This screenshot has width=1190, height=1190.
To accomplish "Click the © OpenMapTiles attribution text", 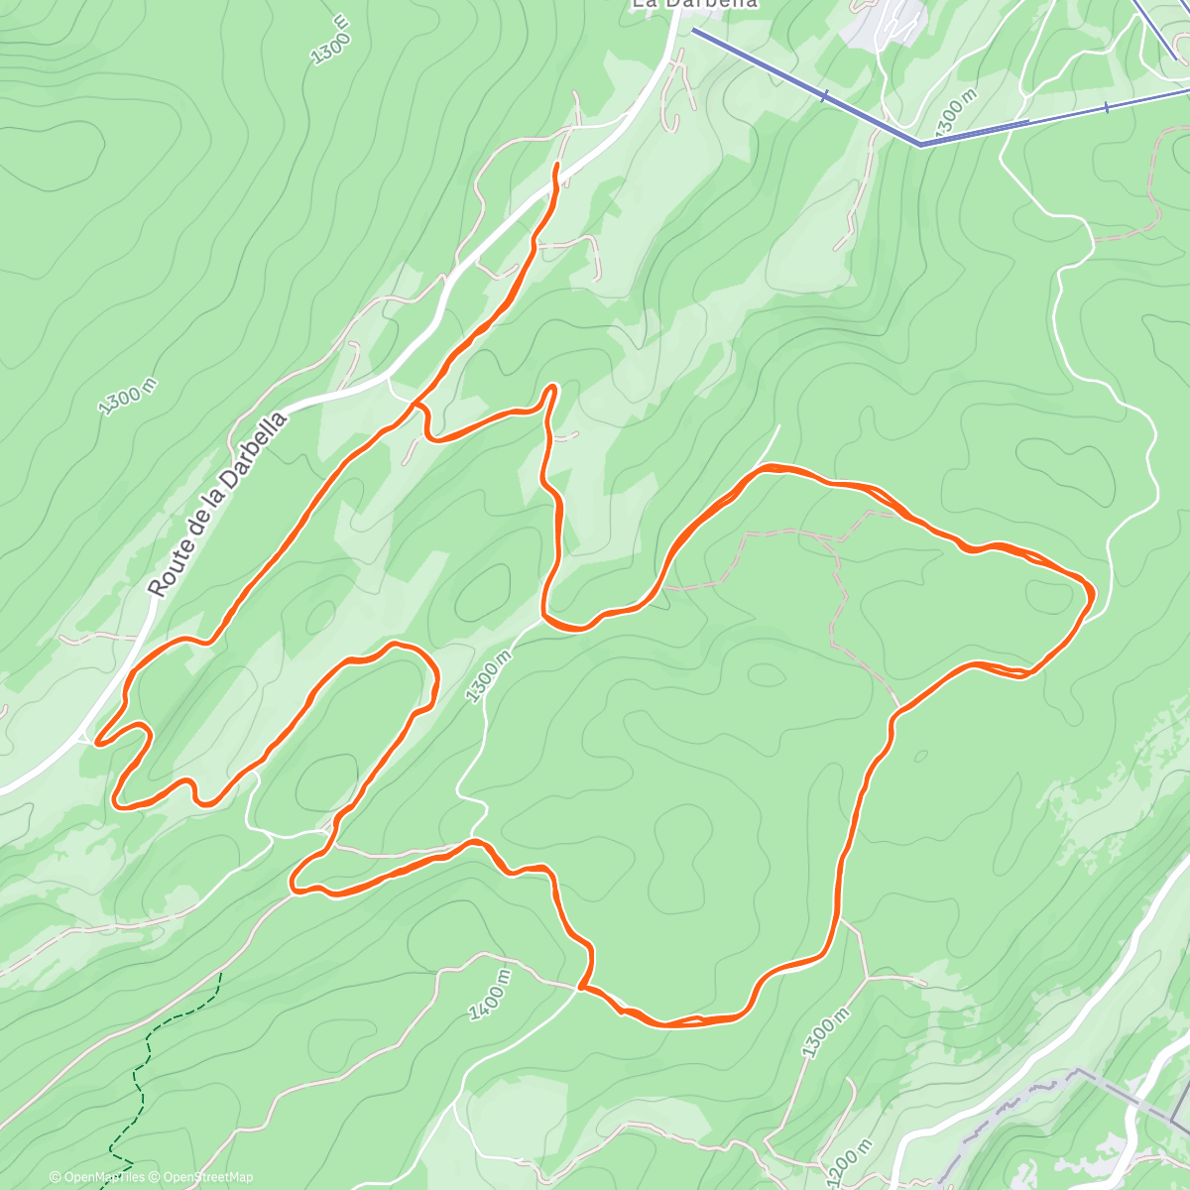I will pyautogui.click(x=97, y=1177).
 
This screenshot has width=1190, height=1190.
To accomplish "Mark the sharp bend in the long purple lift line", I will pyautogui.click(x=921, y=145).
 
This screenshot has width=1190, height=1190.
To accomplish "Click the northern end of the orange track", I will pyautogui.click(x=556, y=164).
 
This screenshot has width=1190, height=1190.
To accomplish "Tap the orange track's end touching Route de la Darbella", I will pyautogui.click(x=96, y=739).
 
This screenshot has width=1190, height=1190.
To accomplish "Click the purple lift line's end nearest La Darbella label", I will pyautogui.click(x=694, y=31).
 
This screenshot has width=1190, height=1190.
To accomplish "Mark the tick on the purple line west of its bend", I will pyautogui.click(x=825, y=96).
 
